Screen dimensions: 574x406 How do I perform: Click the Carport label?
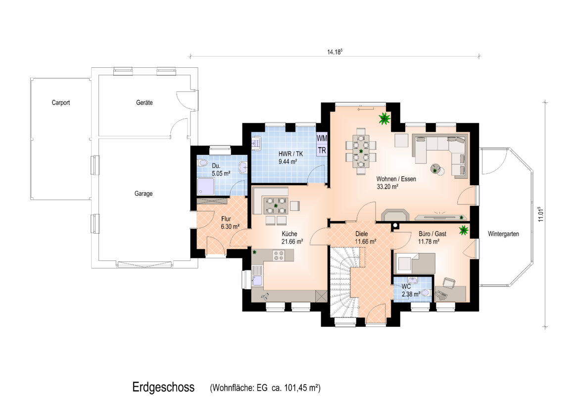pos(61,102)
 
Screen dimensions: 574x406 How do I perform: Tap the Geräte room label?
pos(144,102)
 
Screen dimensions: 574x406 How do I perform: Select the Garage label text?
pos(143,194)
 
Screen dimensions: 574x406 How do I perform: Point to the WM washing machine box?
pos(322,139)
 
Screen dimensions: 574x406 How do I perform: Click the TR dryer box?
pos(322,150)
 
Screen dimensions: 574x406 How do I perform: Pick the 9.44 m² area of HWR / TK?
pos(287,161)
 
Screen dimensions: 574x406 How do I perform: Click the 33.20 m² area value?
pos(387,187)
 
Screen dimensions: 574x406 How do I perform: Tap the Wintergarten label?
pos(503,234)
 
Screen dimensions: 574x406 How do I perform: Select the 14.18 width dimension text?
pos(335,51)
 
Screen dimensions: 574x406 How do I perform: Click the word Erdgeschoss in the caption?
pos(163,387)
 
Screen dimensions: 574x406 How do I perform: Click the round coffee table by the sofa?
pos(436,170)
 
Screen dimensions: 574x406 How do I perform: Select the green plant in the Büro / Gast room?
pos(464,230)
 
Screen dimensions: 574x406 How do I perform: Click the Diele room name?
pos(361,234)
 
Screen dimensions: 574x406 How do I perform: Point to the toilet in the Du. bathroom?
pos(202,163)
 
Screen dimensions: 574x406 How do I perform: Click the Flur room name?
pos(226,219)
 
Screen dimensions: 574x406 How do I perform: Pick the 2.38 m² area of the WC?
pos(411,294)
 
